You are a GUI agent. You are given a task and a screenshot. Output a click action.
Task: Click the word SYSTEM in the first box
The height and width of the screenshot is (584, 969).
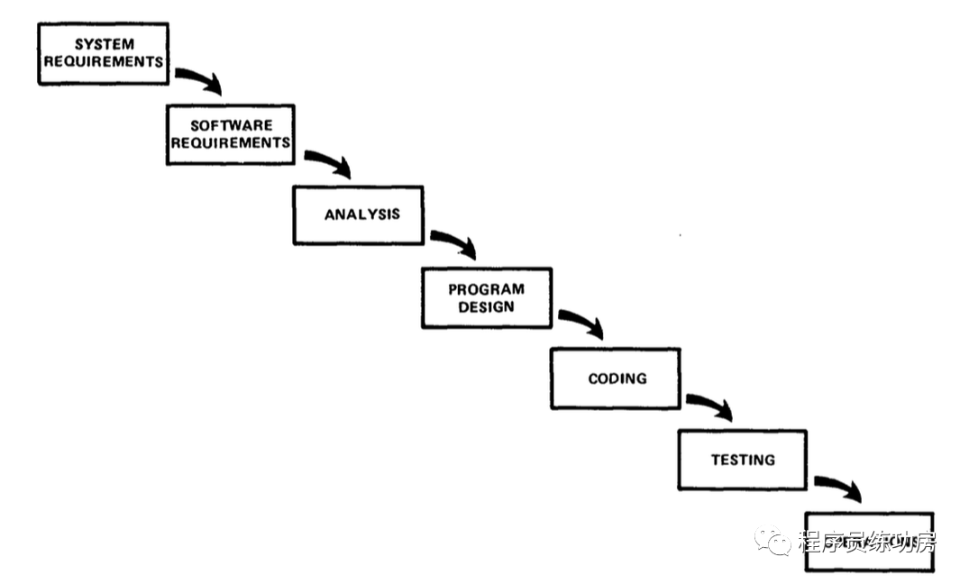coord(105,44)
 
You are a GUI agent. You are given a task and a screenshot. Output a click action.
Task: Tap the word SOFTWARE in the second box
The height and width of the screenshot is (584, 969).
coord(231,126)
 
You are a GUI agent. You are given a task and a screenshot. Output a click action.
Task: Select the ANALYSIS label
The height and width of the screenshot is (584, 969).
coord(361,214)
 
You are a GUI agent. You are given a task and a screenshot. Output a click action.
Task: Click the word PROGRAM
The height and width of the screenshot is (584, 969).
coord(486,289)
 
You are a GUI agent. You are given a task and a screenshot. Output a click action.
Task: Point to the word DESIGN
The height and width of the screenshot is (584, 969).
coord(486,306)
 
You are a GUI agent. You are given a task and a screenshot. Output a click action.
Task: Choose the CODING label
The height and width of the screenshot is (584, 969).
coord(617,379)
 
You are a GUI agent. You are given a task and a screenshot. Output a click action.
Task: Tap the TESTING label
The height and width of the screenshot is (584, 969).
coord(743,460)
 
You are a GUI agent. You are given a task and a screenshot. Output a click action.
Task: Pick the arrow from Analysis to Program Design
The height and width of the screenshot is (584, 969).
coord(453,244)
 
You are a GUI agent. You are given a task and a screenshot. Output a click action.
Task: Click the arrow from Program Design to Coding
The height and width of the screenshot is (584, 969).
coord(581,324)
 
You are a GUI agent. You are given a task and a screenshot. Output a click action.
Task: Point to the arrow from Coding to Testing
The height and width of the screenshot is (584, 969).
coord(709,406)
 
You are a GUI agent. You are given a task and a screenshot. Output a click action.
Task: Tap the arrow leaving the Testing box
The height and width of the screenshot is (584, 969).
coord(838,488)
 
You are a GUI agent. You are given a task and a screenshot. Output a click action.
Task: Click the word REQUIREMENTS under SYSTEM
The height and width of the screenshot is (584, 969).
coord(105,61)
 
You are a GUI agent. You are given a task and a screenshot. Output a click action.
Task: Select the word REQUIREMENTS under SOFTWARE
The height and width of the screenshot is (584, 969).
coord(231,142)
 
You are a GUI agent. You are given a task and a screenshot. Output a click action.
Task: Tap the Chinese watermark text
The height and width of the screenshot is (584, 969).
coord(865,542)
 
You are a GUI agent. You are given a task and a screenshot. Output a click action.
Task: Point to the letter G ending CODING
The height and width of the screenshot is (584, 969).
coord(641,379)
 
